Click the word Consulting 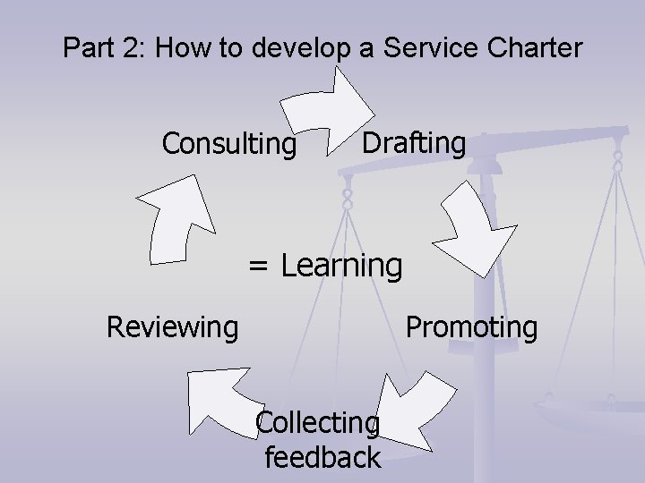point(228,144)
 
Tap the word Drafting point(414,142)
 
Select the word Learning point(341,265)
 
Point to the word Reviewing point(172,327)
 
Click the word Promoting point(471,326)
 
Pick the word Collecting point(317,421)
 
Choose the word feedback point(322,458)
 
